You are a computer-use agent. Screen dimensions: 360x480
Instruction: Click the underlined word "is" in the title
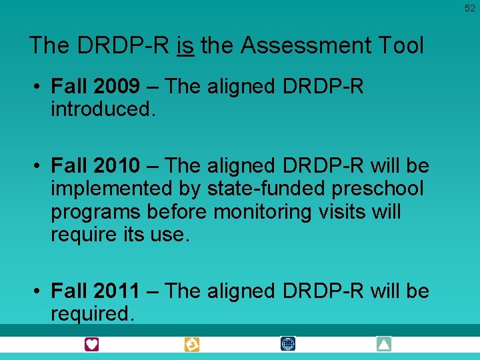point(186,45)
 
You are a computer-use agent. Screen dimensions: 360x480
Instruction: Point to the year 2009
point(117,86)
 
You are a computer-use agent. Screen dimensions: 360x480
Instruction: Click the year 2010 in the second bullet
point(117,165)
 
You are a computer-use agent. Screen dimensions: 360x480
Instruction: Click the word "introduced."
point(103,109)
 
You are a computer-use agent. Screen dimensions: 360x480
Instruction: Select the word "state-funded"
point(256,189)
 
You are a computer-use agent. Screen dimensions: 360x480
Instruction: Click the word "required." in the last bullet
point(93,313)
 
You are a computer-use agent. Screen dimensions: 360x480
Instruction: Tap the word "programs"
point(97,211)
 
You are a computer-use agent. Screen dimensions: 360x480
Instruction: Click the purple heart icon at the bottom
point(91,344)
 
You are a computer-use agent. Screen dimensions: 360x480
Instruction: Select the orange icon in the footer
point(192,344)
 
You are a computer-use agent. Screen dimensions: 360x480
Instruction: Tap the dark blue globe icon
point(288,344)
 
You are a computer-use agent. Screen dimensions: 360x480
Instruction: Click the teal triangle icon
point(383,344)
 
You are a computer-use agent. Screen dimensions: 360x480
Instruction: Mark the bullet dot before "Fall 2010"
point(39,165)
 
